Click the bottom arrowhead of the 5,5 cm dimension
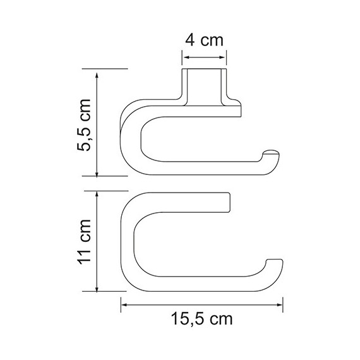96,176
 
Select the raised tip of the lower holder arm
275,262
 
